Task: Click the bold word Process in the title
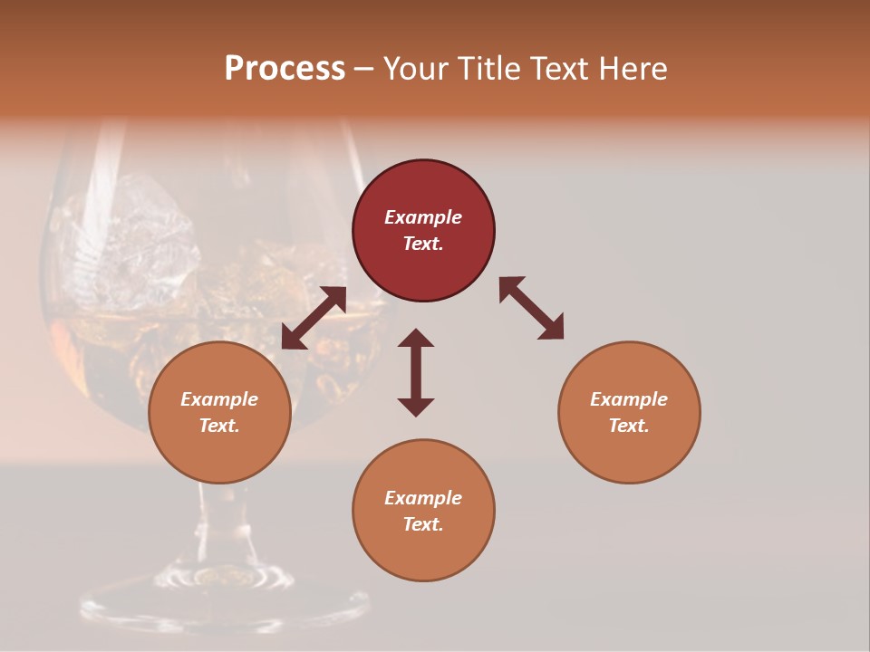285,69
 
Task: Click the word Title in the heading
489,69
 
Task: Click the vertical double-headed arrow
416,372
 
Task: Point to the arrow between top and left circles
314,318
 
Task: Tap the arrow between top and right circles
532,308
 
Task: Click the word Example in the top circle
423,217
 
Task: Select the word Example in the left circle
219,399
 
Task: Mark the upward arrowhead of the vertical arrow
416,338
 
